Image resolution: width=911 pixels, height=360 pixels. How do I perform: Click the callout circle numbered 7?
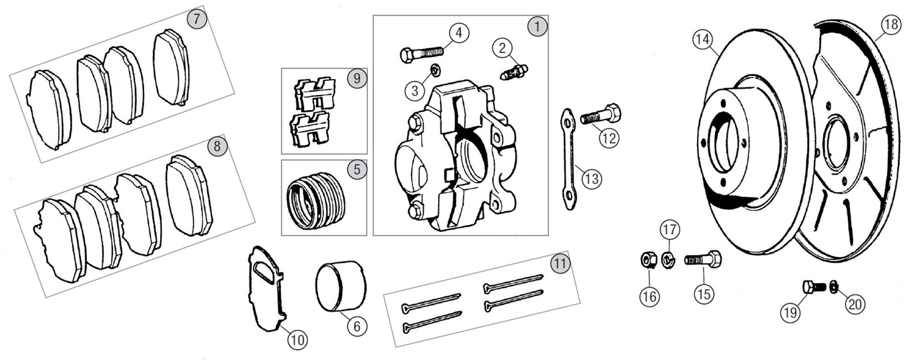[x=197, y=19]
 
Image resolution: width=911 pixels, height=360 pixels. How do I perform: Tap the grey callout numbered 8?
[x=217, y=146]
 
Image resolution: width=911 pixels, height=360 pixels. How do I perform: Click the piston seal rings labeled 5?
[x=315, y=201]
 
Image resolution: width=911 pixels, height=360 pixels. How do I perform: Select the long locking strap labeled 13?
[x=568, y=159]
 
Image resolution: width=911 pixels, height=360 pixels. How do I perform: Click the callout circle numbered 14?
[x=702, y=40]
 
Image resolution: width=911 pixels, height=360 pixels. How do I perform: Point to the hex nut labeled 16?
[x=647, y=261]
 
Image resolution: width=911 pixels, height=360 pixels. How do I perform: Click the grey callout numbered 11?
[x=560, y=263]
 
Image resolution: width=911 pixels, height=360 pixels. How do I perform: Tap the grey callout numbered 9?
[x=357, y=78]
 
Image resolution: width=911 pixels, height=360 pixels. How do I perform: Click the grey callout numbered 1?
[x=537, y=26]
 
